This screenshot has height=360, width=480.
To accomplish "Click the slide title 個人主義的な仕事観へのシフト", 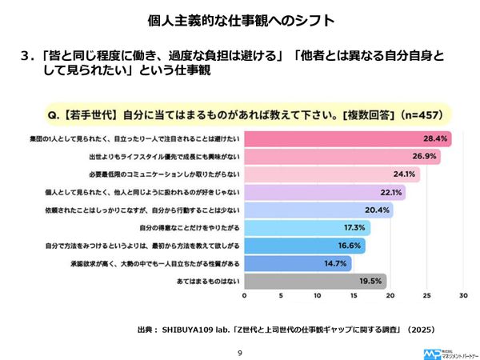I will tap(241, 19).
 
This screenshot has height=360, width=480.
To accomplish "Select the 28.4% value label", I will tap(436, 138).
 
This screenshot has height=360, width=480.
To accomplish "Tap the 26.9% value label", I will tap(425, 156).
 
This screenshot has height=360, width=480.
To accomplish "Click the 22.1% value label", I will tap(390, 192).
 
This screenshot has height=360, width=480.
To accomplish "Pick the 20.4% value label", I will tap(378, 210).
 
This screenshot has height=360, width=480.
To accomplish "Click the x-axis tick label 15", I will tap(354, 297).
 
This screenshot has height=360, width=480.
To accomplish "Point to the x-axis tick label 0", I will tap(244, 297).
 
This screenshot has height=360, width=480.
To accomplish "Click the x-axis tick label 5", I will tap(281, 297).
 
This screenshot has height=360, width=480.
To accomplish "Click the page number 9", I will tap(239, 352).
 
